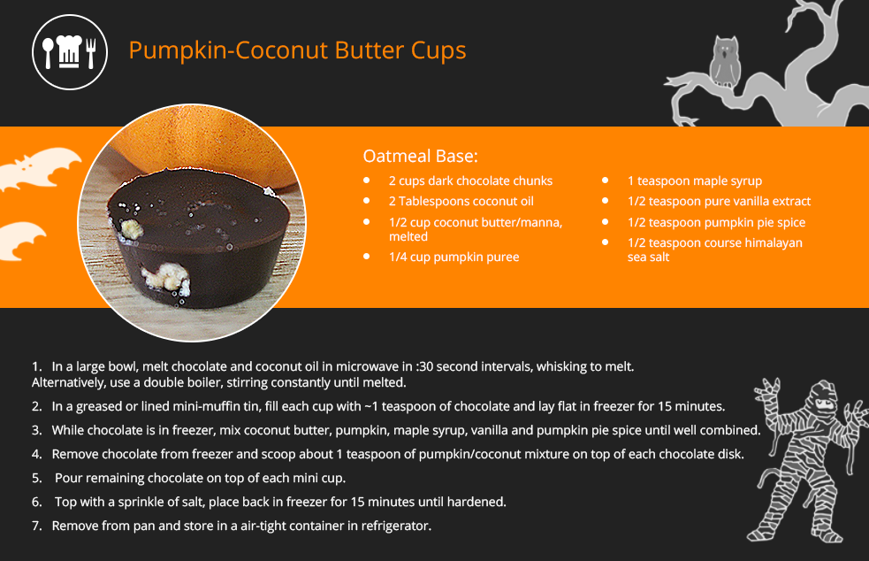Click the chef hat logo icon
[70, 52]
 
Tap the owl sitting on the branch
[726, 62]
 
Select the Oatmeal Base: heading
[420, 156]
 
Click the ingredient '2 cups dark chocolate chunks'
[470, 181]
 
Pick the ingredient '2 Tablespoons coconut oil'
[461, 202]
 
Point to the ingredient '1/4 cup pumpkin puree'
[454, 257]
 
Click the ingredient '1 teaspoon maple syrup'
[695, 181]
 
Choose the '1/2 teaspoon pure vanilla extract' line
[719, 202]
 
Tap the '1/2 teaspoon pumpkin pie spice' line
[716, 222]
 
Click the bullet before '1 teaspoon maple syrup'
[606, 181]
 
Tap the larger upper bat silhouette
[39, 167]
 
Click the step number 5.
[36, 478]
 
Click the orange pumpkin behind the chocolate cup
[210, 149]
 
